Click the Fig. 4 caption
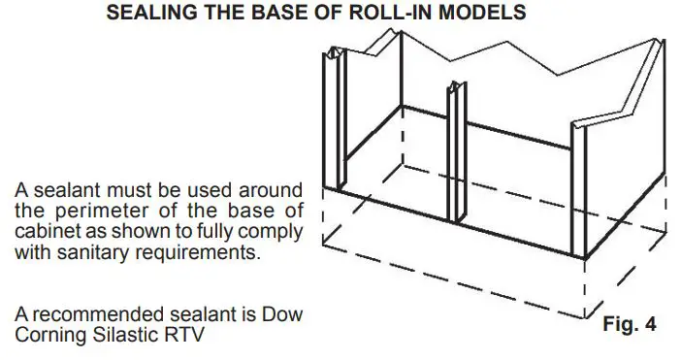pos(631,323)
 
